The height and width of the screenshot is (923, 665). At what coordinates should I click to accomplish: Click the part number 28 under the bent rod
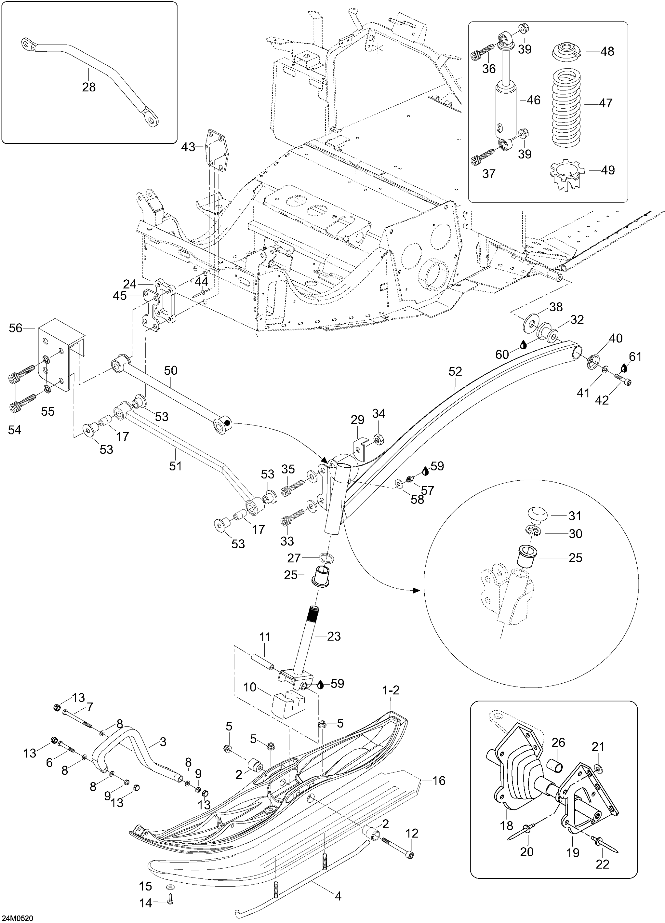(x=89, y=87)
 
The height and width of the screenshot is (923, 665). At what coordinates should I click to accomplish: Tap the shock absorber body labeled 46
(x=505, y=112)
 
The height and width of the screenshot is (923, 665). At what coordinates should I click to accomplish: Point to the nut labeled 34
(x=377, y=438)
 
